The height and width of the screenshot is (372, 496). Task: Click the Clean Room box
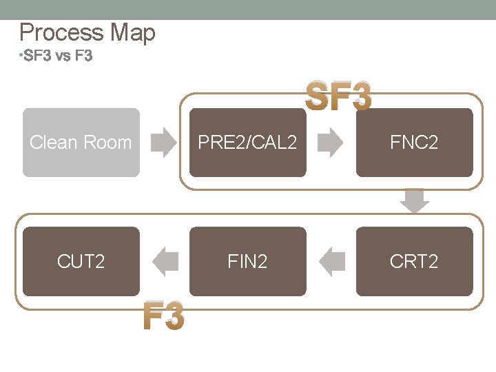tap(81, 143)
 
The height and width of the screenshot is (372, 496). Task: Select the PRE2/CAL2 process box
tap(247, 143)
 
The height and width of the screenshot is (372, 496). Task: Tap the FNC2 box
tap(414, 143)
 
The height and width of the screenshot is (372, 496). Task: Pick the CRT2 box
tap(414, 261)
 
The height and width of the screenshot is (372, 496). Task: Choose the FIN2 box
tap(247, 261)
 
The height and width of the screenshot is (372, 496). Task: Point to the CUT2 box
tap(81, 261)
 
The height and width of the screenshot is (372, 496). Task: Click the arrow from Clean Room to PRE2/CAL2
tap(164, 143)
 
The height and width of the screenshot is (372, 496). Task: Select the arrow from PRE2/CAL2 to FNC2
tap(331, 143)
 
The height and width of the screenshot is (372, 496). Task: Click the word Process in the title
tap(61, 32)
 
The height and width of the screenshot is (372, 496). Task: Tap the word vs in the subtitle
tap(63, 56)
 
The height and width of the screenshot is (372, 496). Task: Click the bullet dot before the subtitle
tap(21, 54)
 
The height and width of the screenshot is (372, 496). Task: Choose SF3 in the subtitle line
tap(37, 56)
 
